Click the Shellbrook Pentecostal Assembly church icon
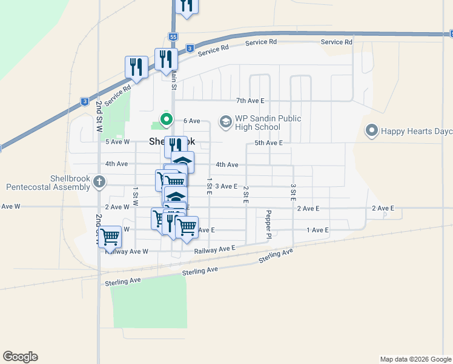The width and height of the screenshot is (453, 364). [100, 181]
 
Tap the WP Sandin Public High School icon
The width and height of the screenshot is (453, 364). [225, 123]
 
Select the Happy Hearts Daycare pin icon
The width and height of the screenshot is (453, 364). [372, 130]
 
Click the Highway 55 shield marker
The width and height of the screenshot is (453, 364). [174, 37]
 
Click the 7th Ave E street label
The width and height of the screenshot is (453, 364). [250, 101]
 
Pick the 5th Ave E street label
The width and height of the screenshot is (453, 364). [268, 143]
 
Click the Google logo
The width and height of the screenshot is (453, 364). [20, 357]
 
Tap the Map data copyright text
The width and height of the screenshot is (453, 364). [415, 359]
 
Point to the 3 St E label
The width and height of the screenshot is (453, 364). [293, 193]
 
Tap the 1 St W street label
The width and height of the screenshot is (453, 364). [136, 194]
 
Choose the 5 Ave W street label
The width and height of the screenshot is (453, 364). [117, 142]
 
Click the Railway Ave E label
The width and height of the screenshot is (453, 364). [214, 249]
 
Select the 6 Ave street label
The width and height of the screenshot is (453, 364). [191, 121]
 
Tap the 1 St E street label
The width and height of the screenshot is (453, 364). [209, 186]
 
